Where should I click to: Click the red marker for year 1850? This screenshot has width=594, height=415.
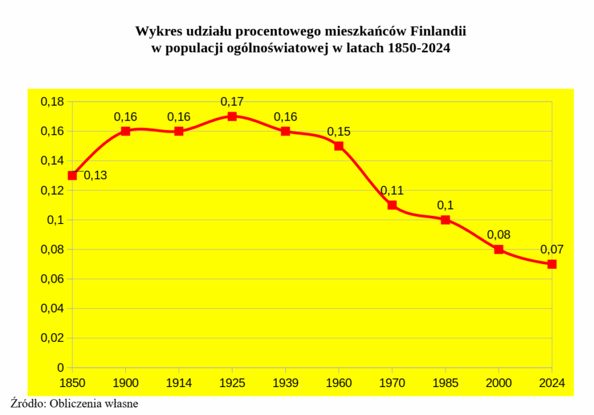tap(73, 175)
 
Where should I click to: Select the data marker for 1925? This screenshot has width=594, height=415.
tap(232, 116)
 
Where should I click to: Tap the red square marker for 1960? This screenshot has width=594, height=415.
tap(339, 146)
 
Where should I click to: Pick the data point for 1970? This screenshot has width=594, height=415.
tap(392, 205)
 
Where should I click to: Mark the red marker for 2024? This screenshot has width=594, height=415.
tap(552, 264)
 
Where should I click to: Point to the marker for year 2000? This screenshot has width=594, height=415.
tap(499, 250)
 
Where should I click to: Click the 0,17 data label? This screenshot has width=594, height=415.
tap(232, 102)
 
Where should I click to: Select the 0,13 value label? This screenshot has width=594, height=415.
tap(95, 175)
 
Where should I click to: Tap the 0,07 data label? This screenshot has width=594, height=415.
tap(552, 250)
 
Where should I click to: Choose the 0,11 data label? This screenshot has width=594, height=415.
tap(392, 190)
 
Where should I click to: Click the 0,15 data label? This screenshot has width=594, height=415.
tap(339, 132)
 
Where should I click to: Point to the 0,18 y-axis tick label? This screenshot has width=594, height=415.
tap(52, 102)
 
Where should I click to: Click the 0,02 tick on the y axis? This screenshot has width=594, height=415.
tap(52, 338)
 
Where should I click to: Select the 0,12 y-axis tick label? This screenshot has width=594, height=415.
tap(52, 190)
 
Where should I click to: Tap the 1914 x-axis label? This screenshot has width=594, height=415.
tap(179, 382)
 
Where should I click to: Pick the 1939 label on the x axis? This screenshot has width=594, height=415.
tap(285, 382)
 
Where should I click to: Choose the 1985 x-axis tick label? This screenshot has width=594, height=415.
tap(445, 382)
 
